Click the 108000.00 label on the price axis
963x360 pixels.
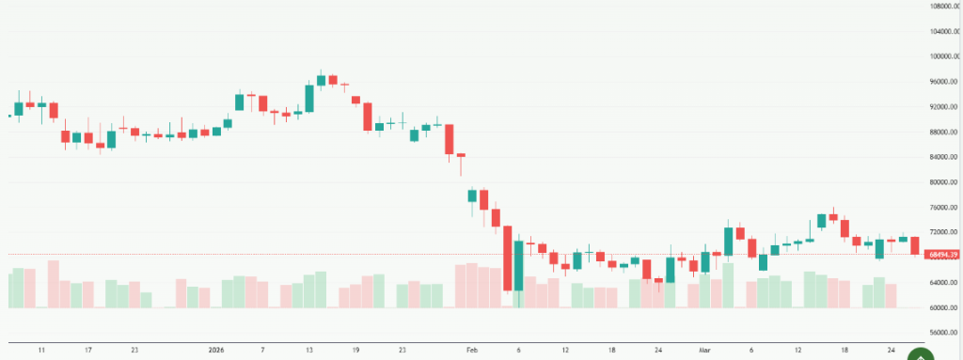(942, 6)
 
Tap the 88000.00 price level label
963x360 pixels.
(942, 132)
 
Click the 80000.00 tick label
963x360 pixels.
(942, 182)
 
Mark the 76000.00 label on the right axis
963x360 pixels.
(942, 208)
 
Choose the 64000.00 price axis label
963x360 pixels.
(942, 283)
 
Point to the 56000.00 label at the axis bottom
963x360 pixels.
(942, 333)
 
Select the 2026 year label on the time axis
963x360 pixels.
(215, 350)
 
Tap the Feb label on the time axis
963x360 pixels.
(471, 350)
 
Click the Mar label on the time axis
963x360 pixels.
(704, 350)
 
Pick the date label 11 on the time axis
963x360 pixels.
(41, 350)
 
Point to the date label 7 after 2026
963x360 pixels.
(262, 350)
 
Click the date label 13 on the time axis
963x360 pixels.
(308, 350)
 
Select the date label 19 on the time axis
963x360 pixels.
(355, 350)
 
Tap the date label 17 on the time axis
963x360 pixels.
(87, 350)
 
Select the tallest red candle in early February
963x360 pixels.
(507, 258)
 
